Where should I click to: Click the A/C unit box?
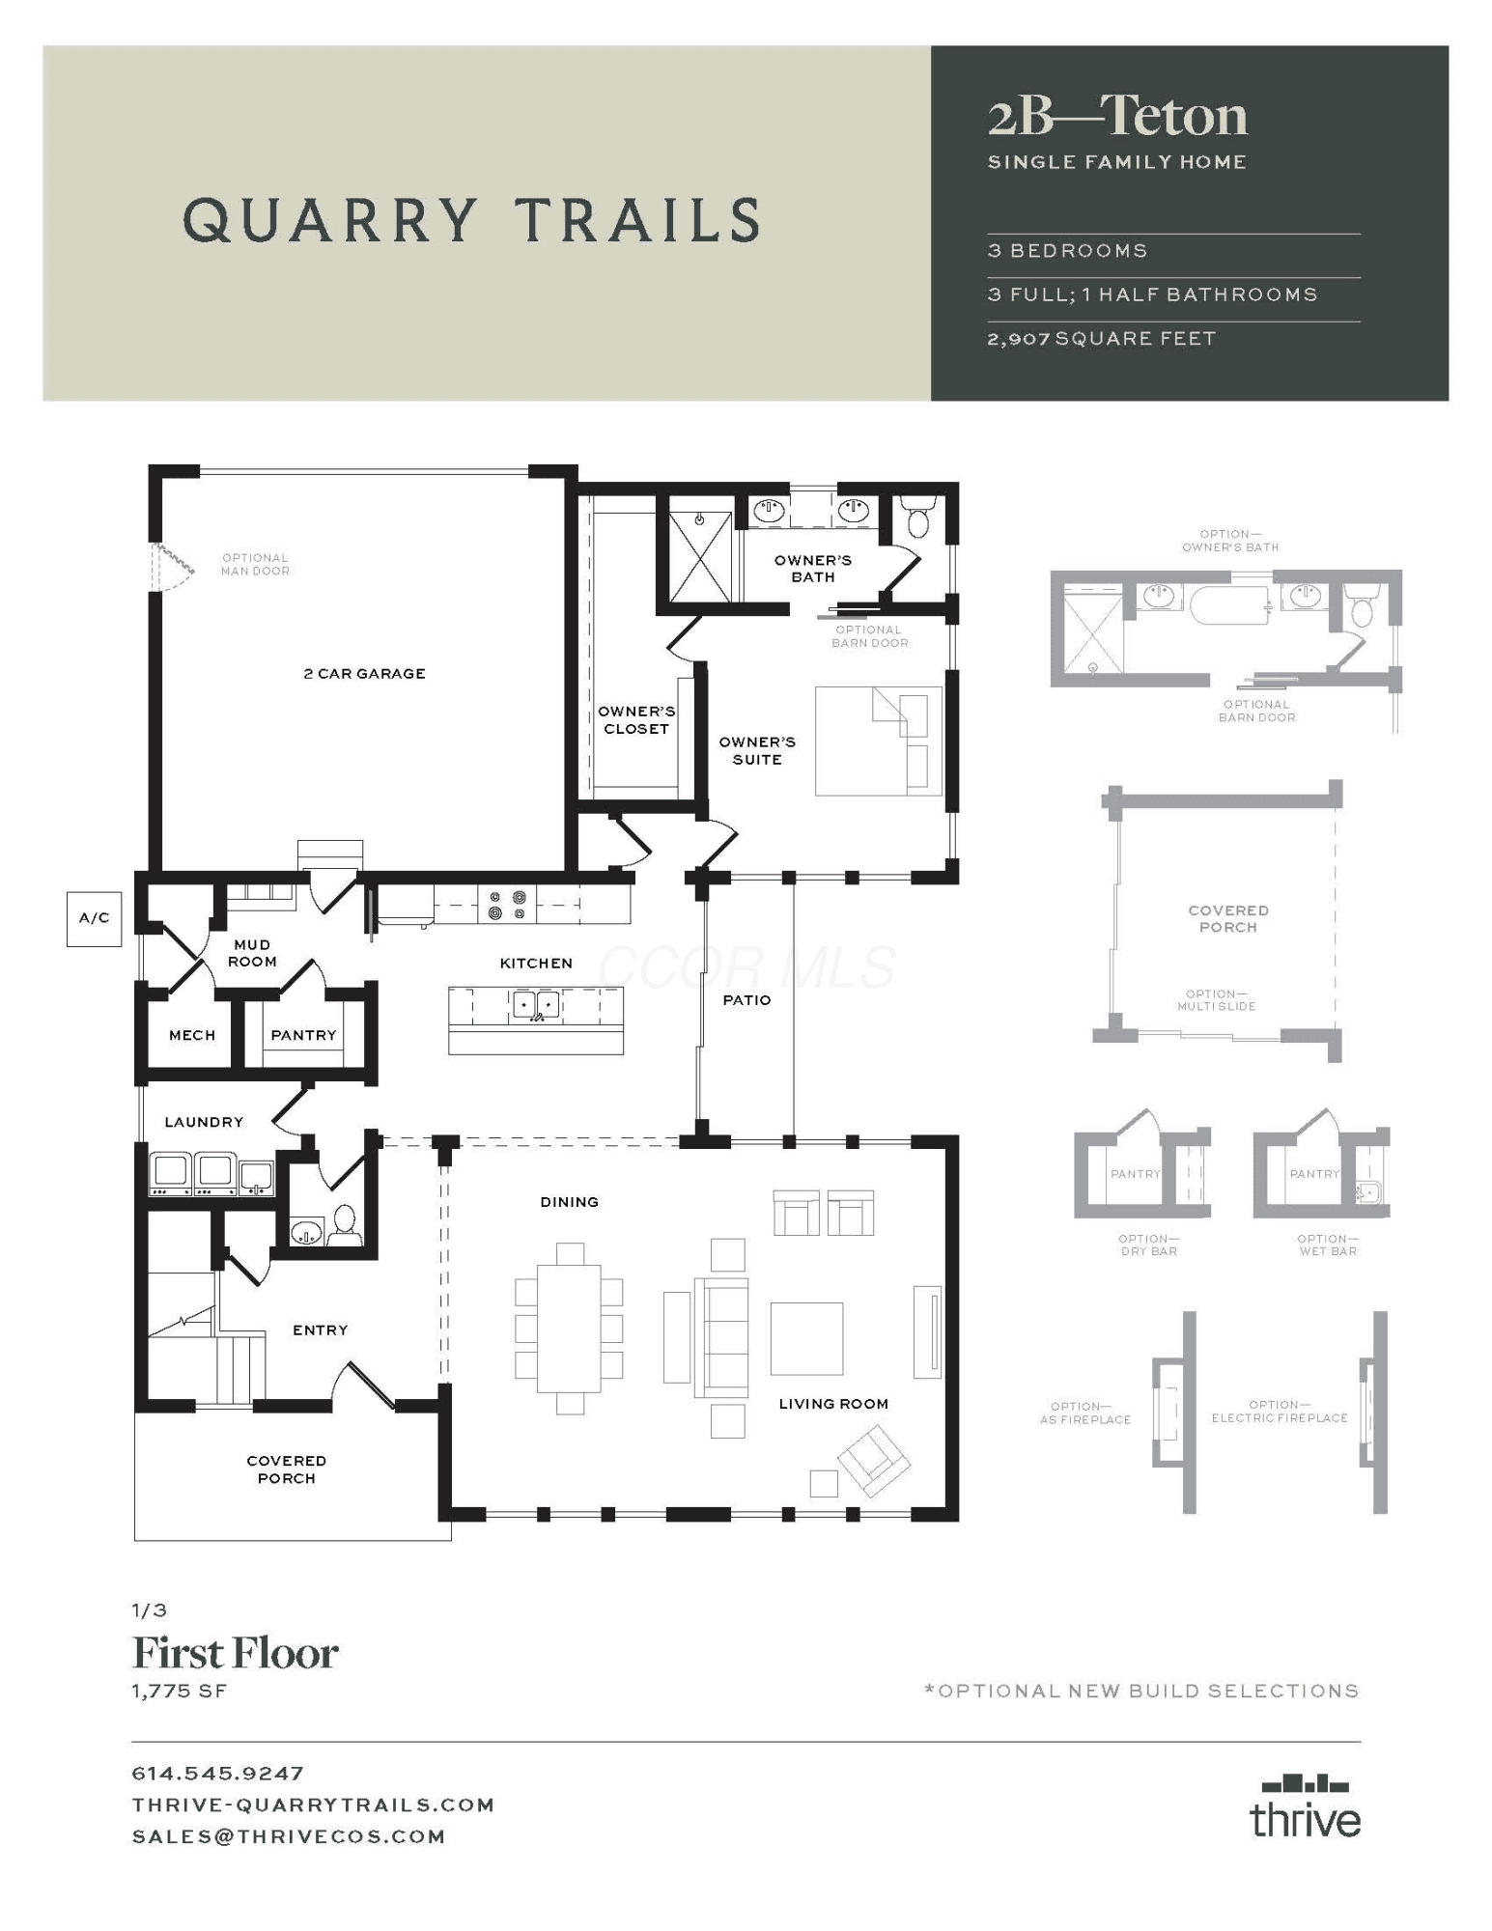click(x=94, y=918)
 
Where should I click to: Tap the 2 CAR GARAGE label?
click(x=364, y=674)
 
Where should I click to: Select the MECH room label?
click(x=192, y=1035)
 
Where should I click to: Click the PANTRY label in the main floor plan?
click(x=303, y=1035)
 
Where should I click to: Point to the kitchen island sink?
click(x=535, y=1005)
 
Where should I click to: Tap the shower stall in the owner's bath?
click(x=700, y=557)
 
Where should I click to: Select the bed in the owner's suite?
click(x=878, y=741)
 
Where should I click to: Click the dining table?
click(x=569, y=1328)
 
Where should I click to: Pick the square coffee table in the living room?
click(x=806, y=1338)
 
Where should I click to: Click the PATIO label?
click(x=746, y=1000)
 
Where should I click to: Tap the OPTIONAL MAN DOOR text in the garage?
click(x=255, y=564)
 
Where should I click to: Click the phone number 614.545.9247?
click(x=218, y=1774)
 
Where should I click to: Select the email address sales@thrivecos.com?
click(x=289, y=1836)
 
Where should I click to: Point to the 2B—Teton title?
click(x=1117, y=116)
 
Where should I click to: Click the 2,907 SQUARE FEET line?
click(x=1102, y=339)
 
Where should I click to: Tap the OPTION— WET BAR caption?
click(x=1328, y=1245)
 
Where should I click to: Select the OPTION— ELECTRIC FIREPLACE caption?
click(x=1280, y=1412)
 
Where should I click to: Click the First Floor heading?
click(x=235, y=1653)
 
